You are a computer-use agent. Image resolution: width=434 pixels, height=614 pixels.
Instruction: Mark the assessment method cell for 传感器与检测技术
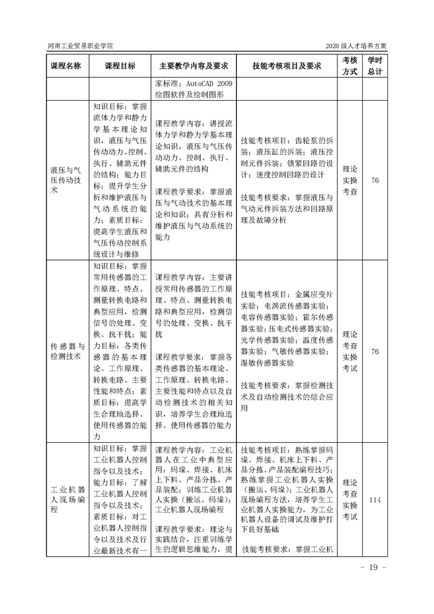pos(350,351)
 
